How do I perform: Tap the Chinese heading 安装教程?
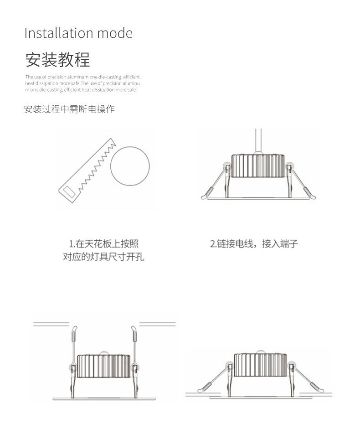[x=57, y=60]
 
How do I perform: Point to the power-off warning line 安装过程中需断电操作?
[x=69, y=109]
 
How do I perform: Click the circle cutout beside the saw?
[x=130, y=166]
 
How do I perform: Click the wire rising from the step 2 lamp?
[x=258, y=141]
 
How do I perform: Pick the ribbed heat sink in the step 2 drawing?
[x=258, y=165]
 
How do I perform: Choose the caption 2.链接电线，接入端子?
[x=254, y=244]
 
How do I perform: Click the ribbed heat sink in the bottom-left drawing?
[x=103, y=366]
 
